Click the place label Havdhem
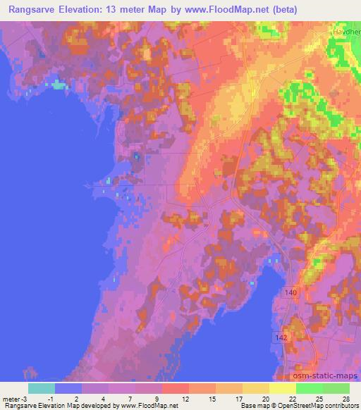[346, 32]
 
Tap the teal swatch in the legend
[42, 387]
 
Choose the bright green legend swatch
[310, 387]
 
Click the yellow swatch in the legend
[283, 387]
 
